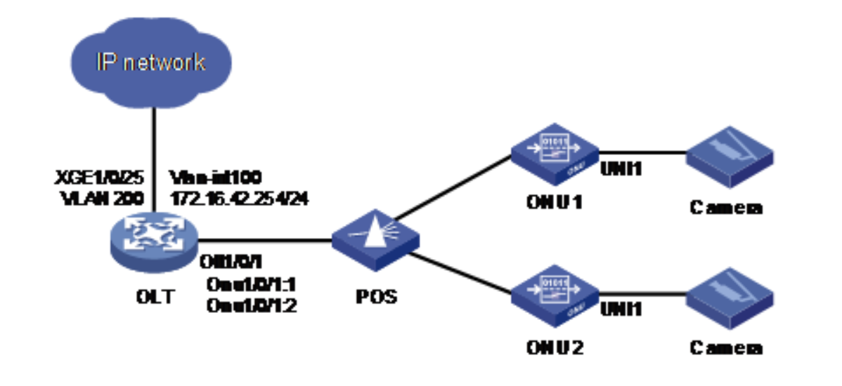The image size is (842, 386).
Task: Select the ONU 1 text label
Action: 554,204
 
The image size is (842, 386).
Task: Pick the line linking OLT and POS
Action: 267,241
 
